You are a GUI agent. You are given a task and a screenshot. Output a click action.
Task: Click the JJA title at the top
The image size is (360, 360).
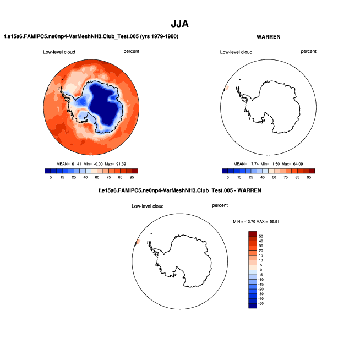pyautogui.click(x=180, y=24)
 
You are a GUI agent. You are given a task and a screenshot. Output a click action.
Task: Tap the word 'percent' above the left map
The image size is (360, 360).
pyautogui.click(x=132, y=51)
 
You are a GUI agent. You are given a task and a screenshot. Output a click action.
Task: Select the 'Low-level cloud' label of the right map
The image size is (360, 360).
pyautogui.click(x=236, y=52)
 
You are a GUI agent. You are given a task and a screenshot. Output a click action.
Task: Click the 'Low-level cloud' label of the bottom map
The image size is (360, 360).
pyautogui.click(x=148, y=206)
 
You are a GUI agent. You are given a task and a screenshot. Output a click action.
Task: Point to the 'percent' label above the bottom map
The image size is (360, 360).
pyautogui.click(x=220, y=205)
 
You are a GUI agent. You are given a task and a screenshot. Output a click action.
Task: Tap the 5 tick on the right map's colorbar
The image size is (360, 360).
pyautogui.click(x=226, y=177)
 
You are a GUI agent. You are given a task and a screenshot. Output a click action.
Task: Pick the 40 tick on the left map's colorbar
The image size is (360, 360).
pyautogui.click(x=85, y=177)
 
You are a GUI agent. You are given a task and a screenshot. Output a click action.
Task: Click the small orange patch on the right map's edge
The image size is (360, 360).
pyautogui.click(x=226, y=87)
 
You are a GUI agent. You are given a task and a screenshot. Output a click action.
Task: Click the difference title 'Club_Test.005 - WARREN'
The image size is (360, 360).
pyautogui.click(x=179, y=190)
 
